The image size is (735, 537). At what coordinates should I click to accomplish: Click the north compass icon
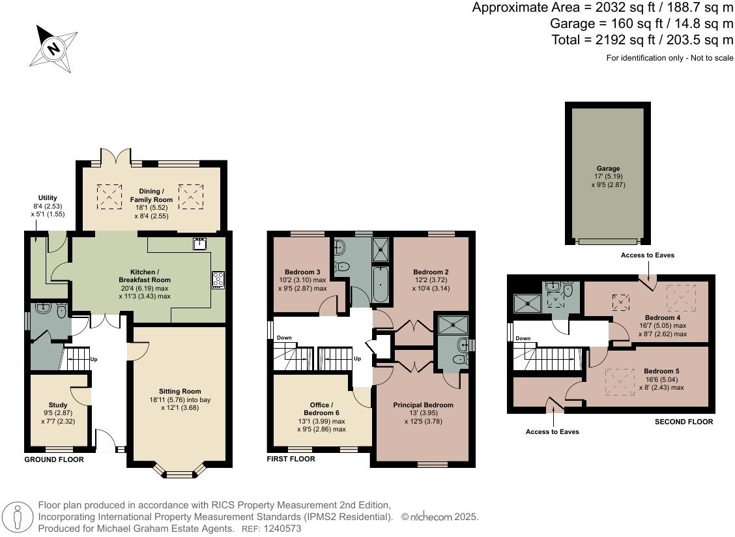pyautogui.click(x=51, y=48)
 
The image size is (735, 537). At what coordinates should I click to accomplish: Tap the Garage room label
pyautogui.click(x=608, y=168)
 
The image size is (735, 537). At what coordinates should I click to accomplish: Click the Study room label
pyautogui.click(x=58, y=405)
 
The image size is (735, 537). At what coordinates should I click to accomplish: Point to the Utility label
pyautogui.click(x=48, y=198)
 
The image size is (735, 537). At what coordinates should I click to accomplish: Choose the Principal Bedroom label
pyautogui.click(x=423, y=405)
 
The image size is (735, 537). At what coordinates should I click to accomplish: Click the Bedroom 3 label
pyautogui.click(x=302, y=272)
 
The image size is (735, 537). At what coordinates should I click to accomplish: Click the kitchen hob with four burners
pyautogui.click(x=218, y=280)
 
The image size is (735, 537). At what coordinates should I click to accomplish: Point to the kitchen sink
pyautogui.click(x=199, y=244)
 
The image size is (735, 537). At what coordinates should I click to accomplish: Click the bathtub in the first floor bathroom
pyautogui.click(x=381, y=284)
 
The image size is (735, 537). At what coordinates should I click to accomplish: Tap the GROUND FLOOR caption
pyautogui.click(x=53, y=459)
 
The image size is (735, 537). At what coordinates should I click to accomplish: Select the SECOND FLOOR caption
pyautogui.click(x=683, y=422)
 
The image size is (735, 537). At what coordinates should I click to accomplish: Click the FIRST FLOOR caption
pyautogui.click(x=291, y=459)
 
